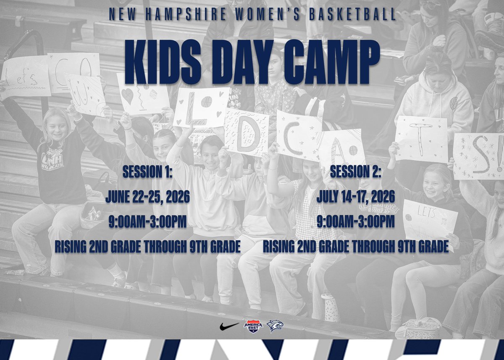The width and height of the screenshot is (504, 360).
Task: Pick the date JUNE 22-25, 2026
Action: (147, 196)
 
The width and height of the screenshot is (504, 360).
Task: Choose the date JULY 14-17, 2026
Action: (355, 196)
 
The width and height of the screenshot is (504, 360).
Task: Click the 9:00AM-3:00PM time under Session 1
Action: (147, 222)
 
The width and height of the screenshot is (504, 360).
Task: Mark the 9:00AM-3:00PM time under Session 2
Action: (355, 222)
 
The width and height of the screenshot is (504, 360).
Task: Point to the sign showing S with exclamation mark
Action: (479, 155)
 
